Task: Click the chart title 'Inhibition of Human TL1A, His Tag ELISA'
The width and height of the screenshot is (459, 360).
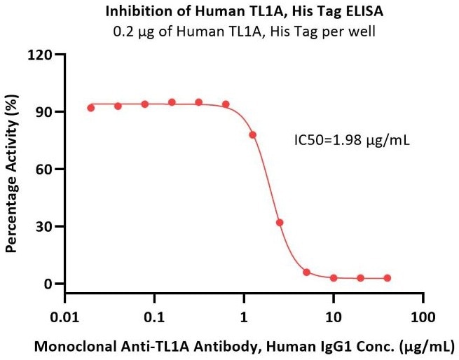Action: [229, 11]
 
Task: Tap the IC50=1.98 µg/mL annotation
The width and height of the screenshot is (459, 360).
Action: [352, 140]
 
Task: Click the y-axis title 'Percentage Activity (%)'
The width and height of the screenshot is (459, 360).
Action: [11, 169]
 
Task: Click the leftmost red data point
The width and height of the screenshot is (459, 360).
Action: [91, 108]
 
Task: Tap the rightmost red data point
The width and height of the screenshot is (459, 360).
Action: [388, 278]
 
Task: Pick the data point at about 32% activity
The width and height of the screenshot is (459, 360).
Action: [280, 223]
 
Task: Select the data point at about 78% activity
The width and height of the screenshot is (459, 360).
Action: [253, 134]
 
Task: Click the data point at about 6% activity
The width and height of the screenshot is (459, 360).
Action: [306, 272]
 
